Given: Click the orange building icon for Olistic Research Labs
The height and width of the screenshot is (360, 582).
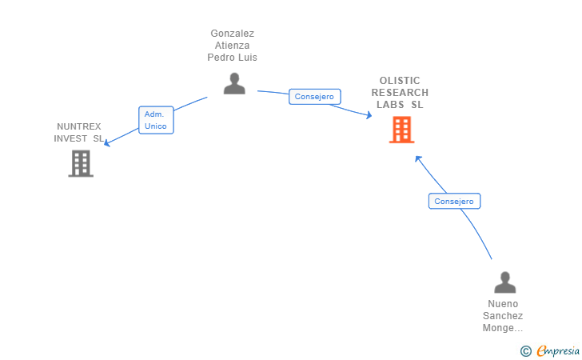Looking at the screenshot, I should (x=401, y=130).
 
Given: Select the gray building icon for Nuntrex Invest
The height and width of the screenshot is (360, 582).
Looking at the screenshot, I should (x=81, y=163).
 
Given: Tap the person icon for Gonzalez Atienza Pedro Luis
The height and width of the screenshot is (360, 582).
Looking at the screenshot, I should (x=234, y=83).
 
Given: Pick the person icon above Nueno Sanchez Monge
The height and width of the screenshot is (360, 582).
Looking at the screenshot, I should (x=505, y=282).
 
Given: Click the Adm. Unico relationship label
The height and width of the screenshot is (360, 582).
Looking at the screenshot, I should (x=156, y=120).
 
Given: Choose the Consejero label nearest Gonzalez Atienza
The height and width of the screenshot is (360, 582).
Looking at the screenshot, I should (x=315, y=96).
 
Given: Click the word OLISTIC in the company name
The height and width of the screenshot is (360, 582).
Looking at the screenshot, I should (x=400, y=81).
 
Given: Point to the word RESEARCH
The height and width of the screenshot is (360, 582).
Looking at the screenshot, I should (x=400, y=93).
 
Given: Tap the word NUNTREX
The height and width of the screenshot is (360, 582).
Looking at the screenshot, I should (x=79, y=126).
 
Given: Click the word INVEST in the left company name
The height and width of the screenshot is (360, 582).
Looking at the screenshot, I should (x=70, y=138).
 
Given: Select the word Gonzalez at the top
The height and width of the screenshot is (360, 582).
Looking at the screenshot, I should (x=232, y=34).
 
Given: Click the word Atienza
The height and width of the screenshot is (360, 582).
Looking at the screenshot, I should (x=232, y=46).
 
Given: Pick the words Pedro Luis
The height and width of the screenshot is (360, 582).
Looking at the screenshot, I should (x=232, y=58).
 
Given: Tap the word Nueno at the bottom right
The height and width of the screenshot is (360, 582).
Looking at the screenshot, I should (x=503, y=304).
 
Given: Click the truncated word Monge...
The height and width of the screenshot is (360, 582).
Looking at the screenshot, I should (x=503, y=328).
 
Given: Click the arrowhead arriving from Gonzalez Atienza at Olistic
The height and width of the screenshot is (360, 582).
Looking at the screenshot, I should (x=369, y=116).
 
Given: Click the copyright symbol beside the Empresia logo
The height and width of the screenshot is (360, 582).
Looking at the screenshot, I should (x=526, y=350).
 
